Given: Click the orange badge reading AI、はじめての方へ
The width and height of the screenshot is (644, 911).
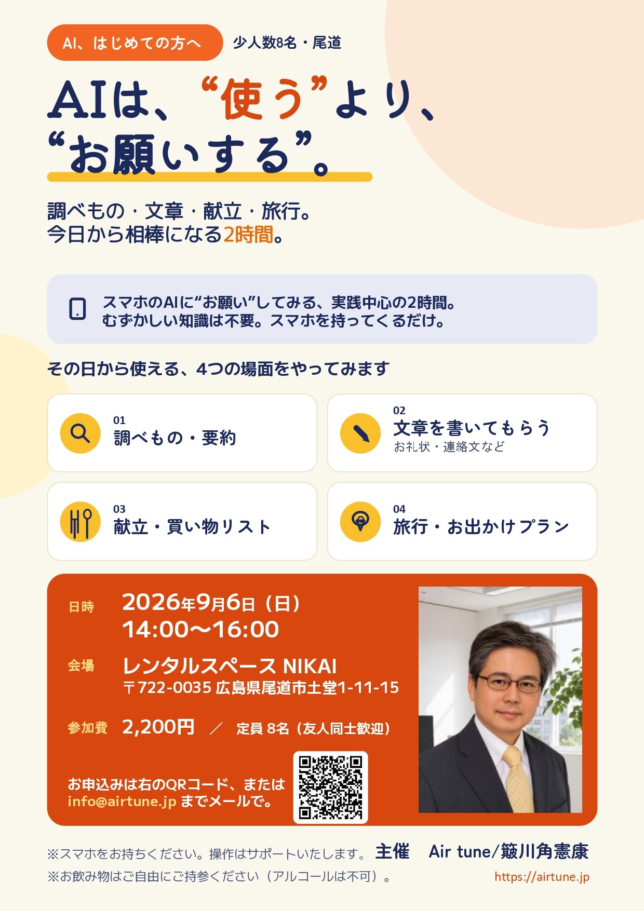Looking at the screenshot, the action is [x=135, y=43].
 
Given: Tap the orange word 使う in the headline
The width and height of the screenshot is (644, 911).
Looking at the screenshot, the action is [x=263, y=100].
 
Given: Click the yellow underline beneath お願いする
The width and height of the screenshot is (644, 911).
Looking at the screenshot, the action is [x=210, y=177].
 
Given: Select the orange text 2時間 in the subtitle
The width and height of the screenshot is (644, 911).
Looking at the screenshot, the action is [x=248, y=235].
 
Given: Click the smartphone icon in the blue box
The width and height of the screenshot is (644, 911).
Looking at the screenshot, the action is [x=77, y=308].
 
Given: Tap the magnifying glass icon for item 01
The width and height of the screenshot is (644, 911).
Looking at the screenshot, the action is [x=80, y=433].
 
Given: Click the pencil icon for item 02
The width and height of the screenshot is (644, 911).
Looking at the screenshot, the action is [x=360, y=433].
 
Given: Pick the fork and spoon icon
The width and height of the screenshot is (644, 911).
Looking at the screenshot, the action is [x=80, y=522].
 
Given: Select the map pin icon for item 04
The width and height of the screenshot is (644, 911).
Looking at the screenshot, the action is [x=360, y=522].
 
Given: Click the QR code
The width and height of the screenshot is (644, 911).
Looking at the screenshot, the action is [x=330, y=787].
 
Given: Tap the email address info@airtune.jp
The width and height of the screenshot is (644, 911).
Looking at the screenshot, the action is [x=122, y=801].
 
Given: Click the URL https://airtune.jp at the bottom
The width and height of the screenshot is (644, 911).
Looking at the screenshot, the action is [x=542, y=877].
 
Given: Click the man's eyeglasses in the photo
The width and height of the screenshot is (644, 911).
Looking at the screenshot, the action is [x=509, y=682].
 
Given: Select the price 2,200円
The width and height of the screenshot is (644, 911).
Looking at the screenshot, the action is [x=158, y=727].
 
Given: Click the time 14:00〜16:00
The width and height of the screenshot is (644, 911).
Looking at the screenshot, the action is [x=200, y=630].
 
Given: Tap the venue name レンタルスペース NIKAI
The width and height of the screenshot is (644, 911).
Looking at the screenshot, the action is [x=230, y=666].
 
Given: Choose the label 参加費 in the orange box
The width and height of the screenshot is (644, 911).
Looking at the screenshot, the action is [x=87, y=728].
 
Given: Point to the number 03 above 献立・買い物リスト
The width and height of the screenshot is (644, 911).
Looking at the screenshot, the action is [x=119, y=509].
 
